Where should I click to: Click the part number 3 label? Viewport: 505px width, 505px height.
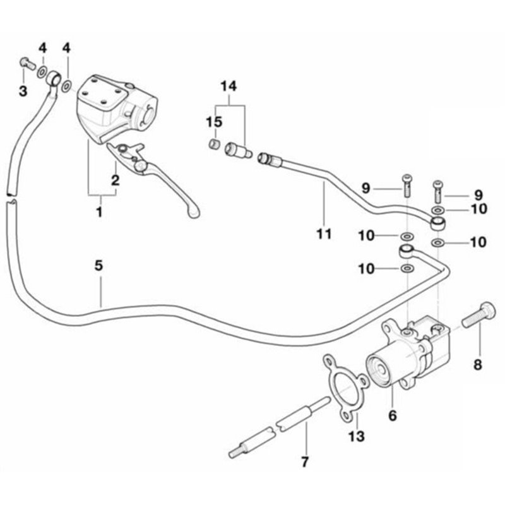pos(23,91)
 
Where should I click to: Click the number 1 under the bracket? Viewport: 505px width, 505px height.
pos(100,212)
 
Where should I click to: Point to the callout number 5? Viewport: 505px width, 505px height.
pos(98,266)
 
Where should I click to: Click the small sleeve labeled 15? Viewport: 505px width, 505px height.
pos(213,144)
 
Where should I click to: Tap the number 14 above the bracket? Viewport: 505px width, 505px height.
pos(229,86)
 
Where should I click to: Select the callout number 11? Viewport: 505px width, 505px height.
pos(324,234)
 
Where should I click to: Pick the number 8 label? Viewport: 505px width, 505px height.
pos(477,365)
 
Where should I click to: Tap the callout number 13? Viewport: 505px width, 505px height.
pos(356,436)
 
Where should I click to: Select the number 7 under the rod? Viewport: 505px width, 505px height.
pos(305,461)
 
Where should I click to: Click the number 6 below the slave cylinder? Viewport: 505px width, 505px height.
pos(393,415)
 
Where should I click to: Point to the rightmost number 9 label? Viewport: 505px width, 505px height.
pos(478,195)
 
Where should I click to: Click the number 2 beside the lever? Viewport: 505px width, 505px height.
pos(116,180)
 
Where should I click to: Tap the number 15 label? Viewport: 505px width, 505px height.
pos(214,122)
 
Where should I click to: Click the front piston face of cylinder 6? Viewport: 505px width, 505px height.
pos(377,370)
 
